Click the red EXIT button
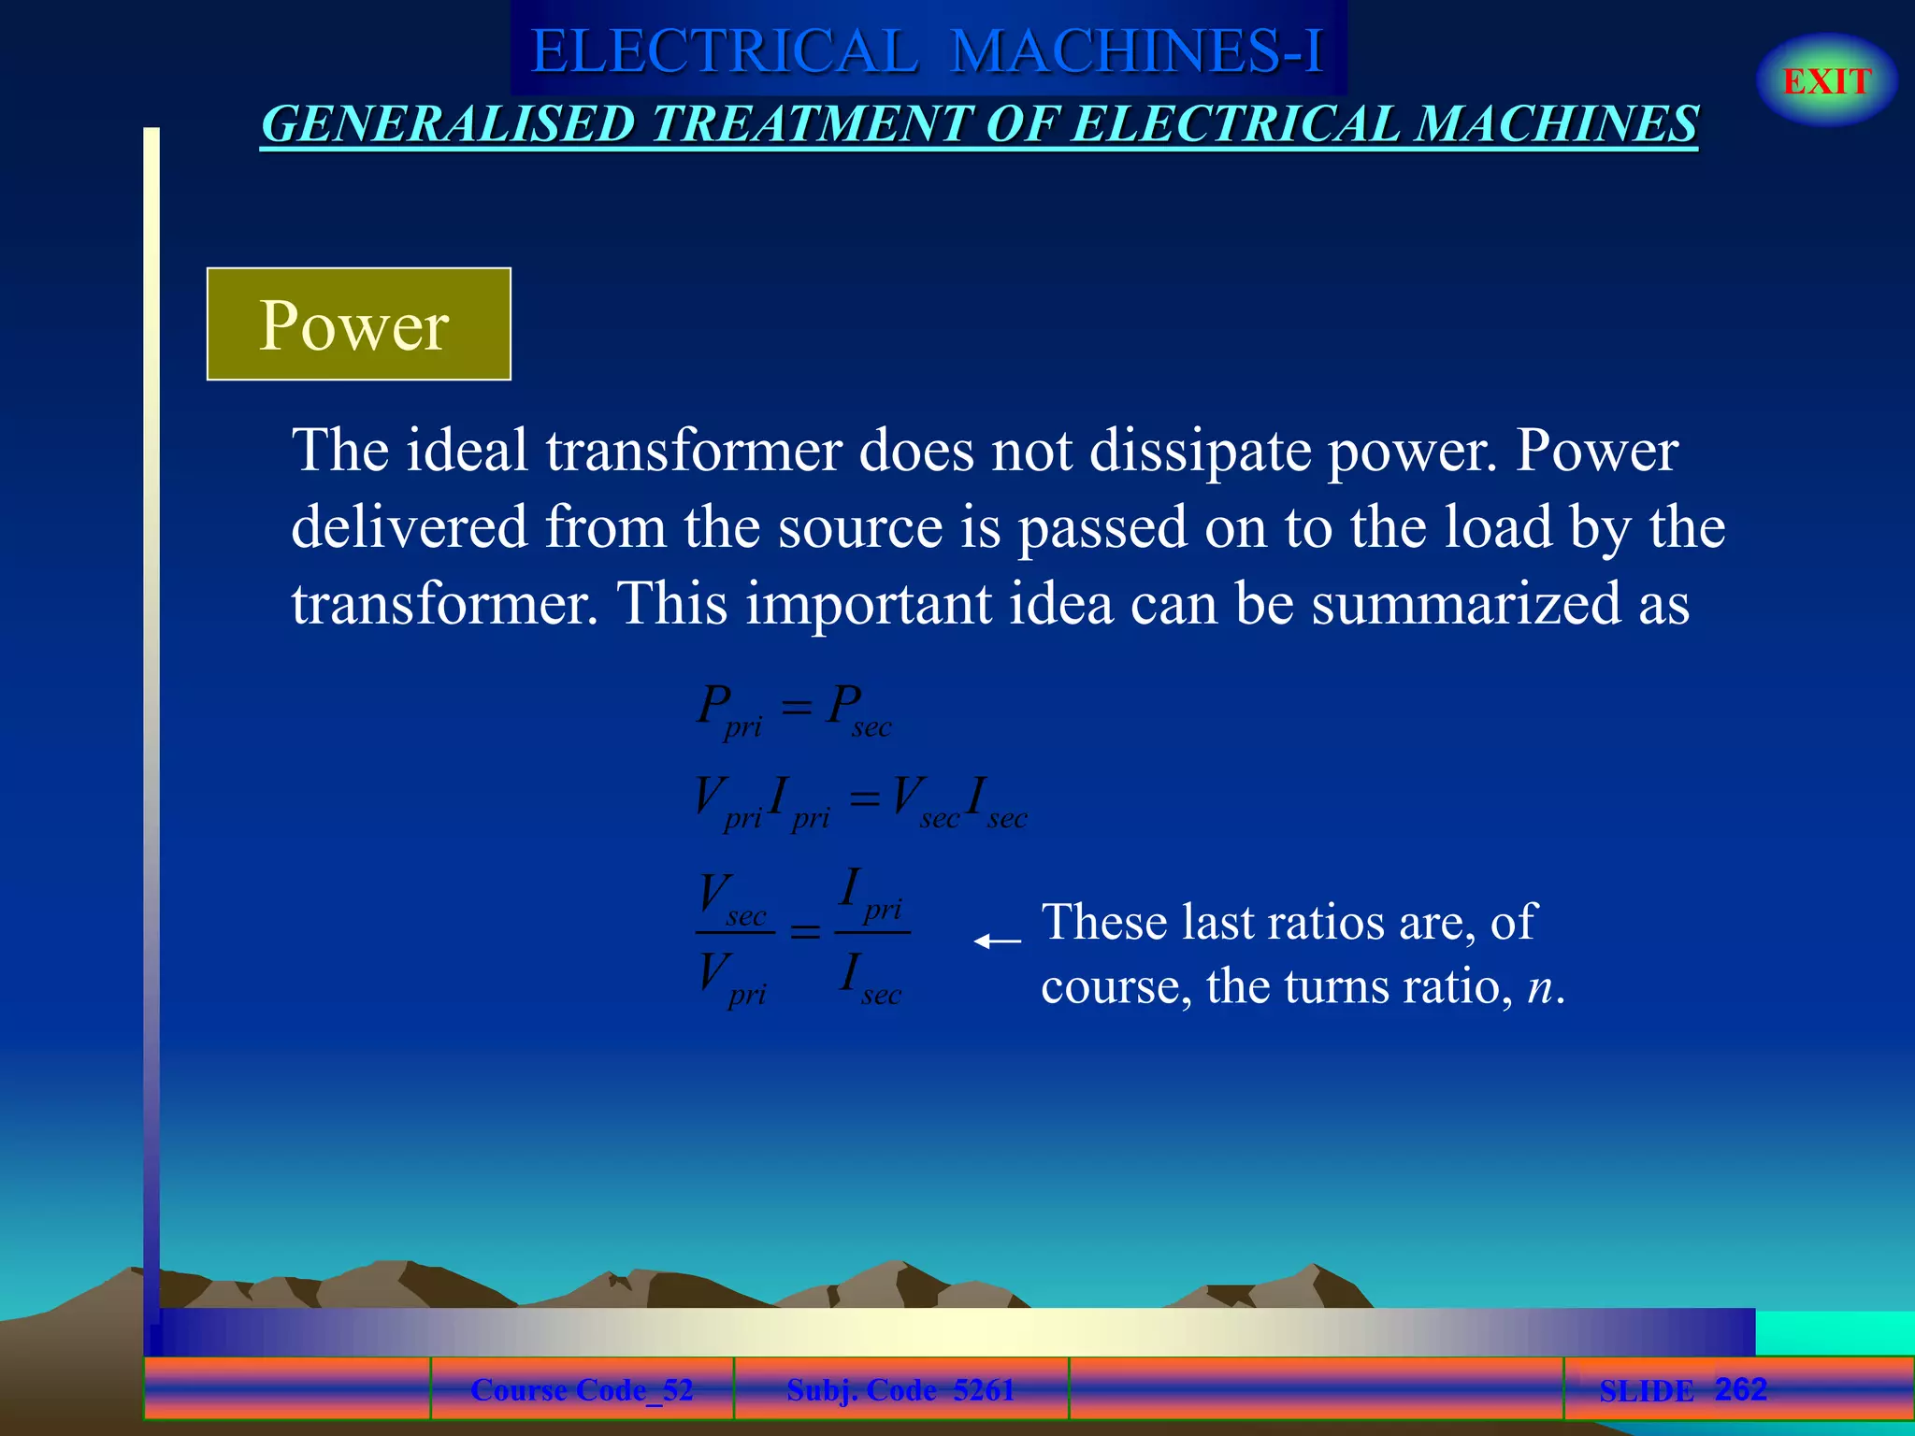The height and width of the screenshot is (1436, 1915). pyautogui.click(x=1826, y=81)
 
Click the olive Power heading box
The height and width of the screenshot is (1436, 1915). pyautogui.click(x=358, y=324)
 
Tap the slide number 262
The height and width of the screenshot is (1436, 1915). pyautogui.click(x=1740, y=1389)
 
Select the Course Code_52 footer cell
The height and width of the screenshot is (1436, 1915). pyautogui.click(x=582, y=1390)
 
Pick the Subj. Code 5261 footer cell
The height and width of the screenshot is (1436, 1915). pyautogui.click(x=900, y=1390)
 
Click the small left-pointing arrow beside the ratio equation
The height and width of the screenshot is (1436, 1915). pyautogui.click(x=997, y=941)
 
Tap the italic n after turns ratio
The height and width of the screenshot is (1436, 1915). pyautogui.click(x=1540, y=987)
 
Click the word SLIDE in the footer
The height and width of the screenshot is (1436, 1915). pyautogui.click(x=1646, y=1391)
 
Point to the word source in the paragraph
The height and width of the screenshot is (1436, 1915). pyautogui.click(x=860, y=527)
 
